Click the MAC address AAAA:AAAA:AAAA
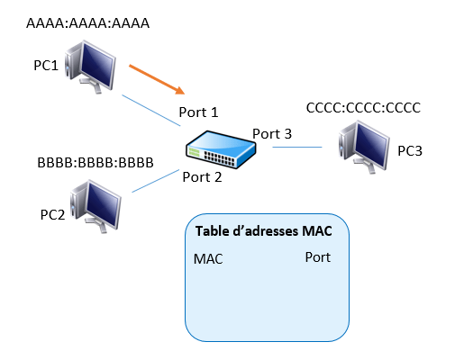pos(87,23)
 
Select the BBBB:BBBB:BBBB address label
pos(96,163)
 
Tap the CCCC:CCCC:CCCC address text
pos(363,108)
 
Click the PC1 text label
pos(46,65)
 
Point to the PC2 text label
pos(52,214)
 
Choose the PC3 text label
pos(410,150)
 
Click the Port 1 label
pos(198,112)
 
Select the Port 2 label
pos(202,177)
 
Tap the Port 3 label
pos(272,134)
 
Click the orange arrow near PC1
pos(157,79)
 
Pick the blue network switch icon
pos(221,149)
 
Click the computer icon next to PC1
pos(90,67)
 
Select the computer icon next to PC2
pos(96,206)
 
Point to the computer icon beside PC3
pos(364,147)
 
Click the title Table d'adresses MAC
pos(264,231)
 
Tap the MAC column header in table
pos(208,259)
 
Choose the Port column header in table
pos(318,257)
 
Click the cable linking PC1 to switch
pos(151,111)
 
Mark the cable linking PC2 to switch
pos(156,181)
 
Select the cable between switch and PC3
pos(297,147)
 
